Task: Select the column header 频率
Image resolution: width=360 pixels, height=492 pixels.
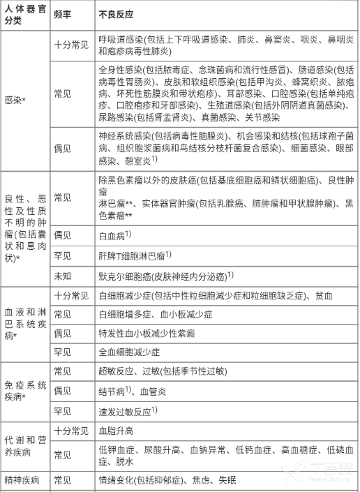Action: (x=63, y=14)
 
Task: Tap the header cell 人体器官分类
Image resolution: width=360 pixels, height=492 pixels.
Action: (x=25, y=14)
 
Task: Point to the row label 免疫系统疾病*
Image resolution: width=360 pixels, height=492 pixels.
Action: (x=25, y=390)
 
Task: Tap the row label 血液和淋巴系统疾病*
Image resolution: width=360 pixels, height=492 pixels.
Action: (x=25, y=323)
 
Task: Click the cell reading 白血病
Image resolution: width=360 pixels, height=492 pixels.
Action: (x=115, y=237)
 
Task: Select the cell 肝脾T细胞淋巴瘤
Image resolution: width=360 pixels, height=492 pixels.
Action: (x=135, y=255)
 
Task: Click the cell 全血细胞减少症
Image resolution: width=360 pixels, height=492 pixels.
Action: (x=129, y=351)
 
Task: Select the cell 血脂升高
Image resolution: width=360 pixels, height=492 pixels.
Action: (x=114, y=430)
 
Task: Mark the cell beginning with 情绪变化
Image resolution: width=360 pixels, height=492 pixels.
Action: (x=167, y=480)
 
